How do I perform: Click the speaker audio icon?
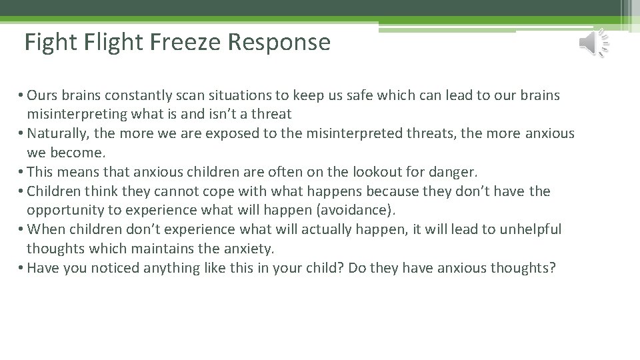[593, 43]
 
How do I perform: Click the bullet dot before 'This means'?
[22, 172]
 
